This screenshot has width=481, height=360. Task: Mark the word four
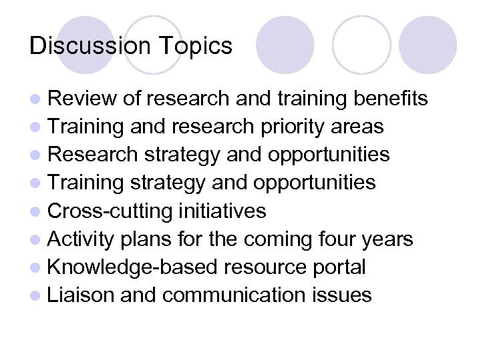(337, 239)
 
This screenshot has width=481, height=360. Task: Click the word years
(389, 239)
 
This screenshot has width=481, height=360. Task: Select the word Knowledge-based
(133, 267)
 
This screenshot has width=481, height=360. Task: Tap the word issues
(345, 295)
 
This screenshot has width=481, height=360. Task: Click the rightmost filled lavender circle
(428, 45)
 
